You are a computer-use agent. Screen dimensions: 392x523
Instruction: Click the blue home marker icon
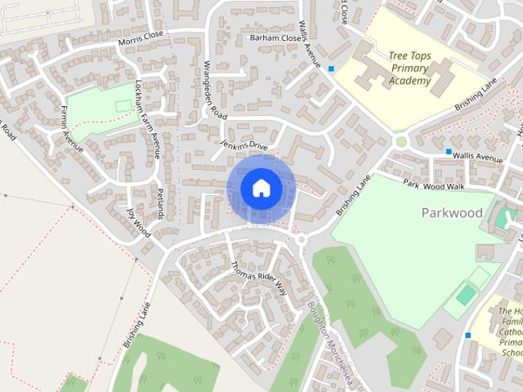261,189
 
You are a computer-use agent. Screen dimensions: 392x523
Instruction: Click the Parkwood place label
451,213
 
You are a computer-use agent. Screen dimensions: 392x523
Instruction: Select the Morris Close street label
141,39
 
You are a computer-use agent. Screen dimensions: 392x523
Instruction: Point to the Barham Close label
275,38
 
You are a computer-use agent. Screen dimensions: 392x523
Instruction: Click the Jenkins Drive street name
244,145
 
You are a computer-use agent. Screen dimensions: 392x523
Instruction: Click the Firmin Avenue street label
72,128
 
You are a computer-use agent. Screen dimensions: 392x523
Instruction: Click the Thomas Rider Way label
260,278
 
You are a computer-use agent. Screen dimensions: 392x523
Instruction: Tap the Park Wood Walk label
434,186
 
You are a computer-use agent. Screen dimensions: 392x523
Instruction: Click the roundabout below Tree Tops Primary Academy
400,141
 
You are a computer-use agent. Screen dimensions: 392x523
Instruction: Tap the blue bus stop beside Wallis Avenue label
449,153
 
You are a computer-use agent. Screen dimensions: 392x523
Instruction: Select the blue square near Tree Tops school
331,69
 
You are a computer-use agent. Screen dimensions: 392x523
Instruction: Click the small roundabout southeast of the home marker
301,239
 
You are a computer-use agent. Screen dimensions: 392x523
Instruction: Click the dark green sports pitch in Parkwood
465,295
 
